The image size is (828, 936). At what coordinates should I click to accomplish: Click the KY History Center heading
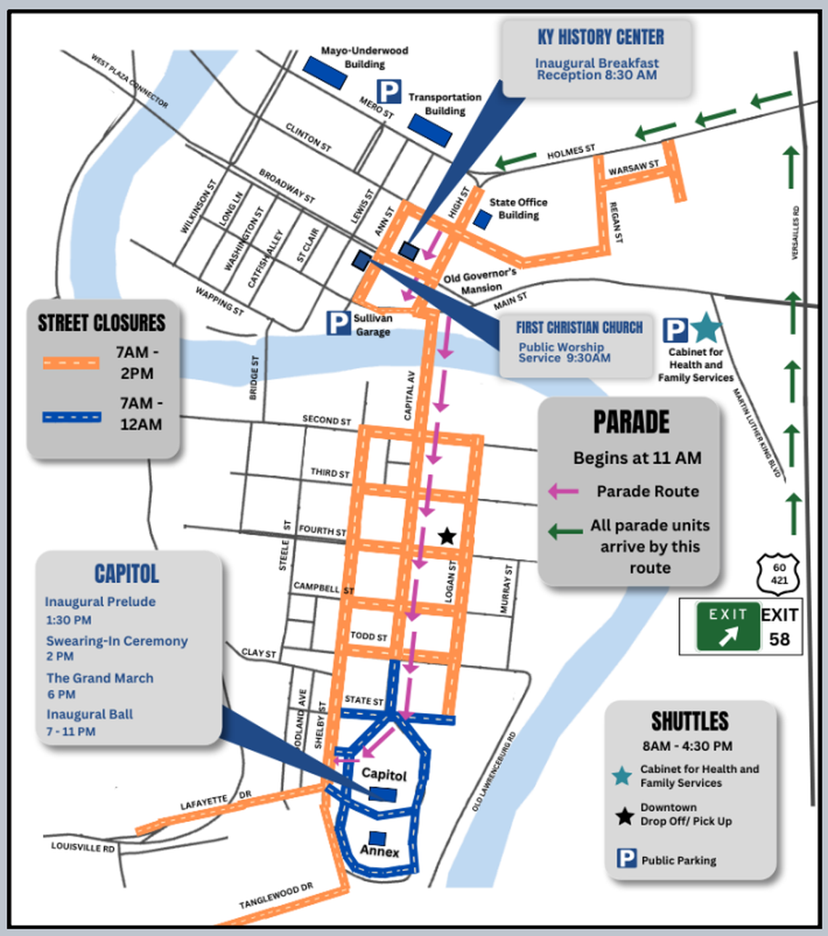click(x=601, y=37)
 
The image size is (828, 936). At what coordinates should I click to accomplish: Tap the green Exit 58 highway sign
click(x=727, y=626)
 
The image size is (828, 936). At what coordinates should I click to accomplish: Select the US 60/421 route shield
click(x=779, y=574)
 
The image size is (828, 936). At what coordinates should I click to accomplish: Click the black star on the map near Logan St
click(x=447, y=537)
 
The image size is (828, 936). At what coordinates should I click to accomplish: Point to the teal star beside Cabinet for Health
click(x=705, y=328)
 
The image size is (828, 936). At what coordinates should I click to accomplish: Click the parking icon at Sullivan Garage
click(x=338, y=323)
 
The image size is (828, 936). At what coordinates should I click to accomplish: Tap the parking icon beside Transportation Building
click(x=389, y=91)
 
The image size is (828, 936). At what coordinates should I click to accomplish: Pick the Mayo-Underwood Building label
click(x=364, y=57)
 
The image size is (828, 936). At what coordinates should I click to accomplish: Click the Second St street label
click(x=326, y=420)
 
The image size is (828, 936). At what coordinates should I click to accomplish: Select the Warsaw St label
click(x=633, y=168)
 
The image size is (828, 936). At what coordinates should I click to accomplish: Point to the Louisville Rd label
click(x=83, y=847)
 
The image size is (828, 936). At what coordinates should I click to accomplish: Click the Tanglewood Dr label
click(x=276, y=896)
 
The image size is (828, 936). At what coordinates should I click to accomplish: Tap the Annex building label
click(x=380, y=851)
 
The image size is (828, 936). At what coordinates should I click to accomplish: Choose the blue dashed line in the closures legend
click(x=71, y=417)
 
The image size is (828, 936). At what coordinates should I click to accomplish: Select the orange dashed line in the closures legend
click(x=71, y=362)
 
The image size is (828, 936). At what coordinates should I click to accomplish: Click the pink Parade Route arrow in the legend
click(x=564, y=492)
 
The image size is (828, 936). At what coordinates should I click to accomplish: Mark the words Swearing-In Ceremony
click(x=117, y=641)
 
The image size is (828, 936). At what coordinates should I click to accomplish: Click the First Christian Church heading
click(x=579, y=327)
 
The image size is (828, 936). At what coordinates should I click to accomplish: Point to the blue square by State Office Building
click(x=482, y=219)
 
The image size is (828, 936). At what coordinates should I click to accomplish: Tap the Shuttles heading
click(x=689, y=721)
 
